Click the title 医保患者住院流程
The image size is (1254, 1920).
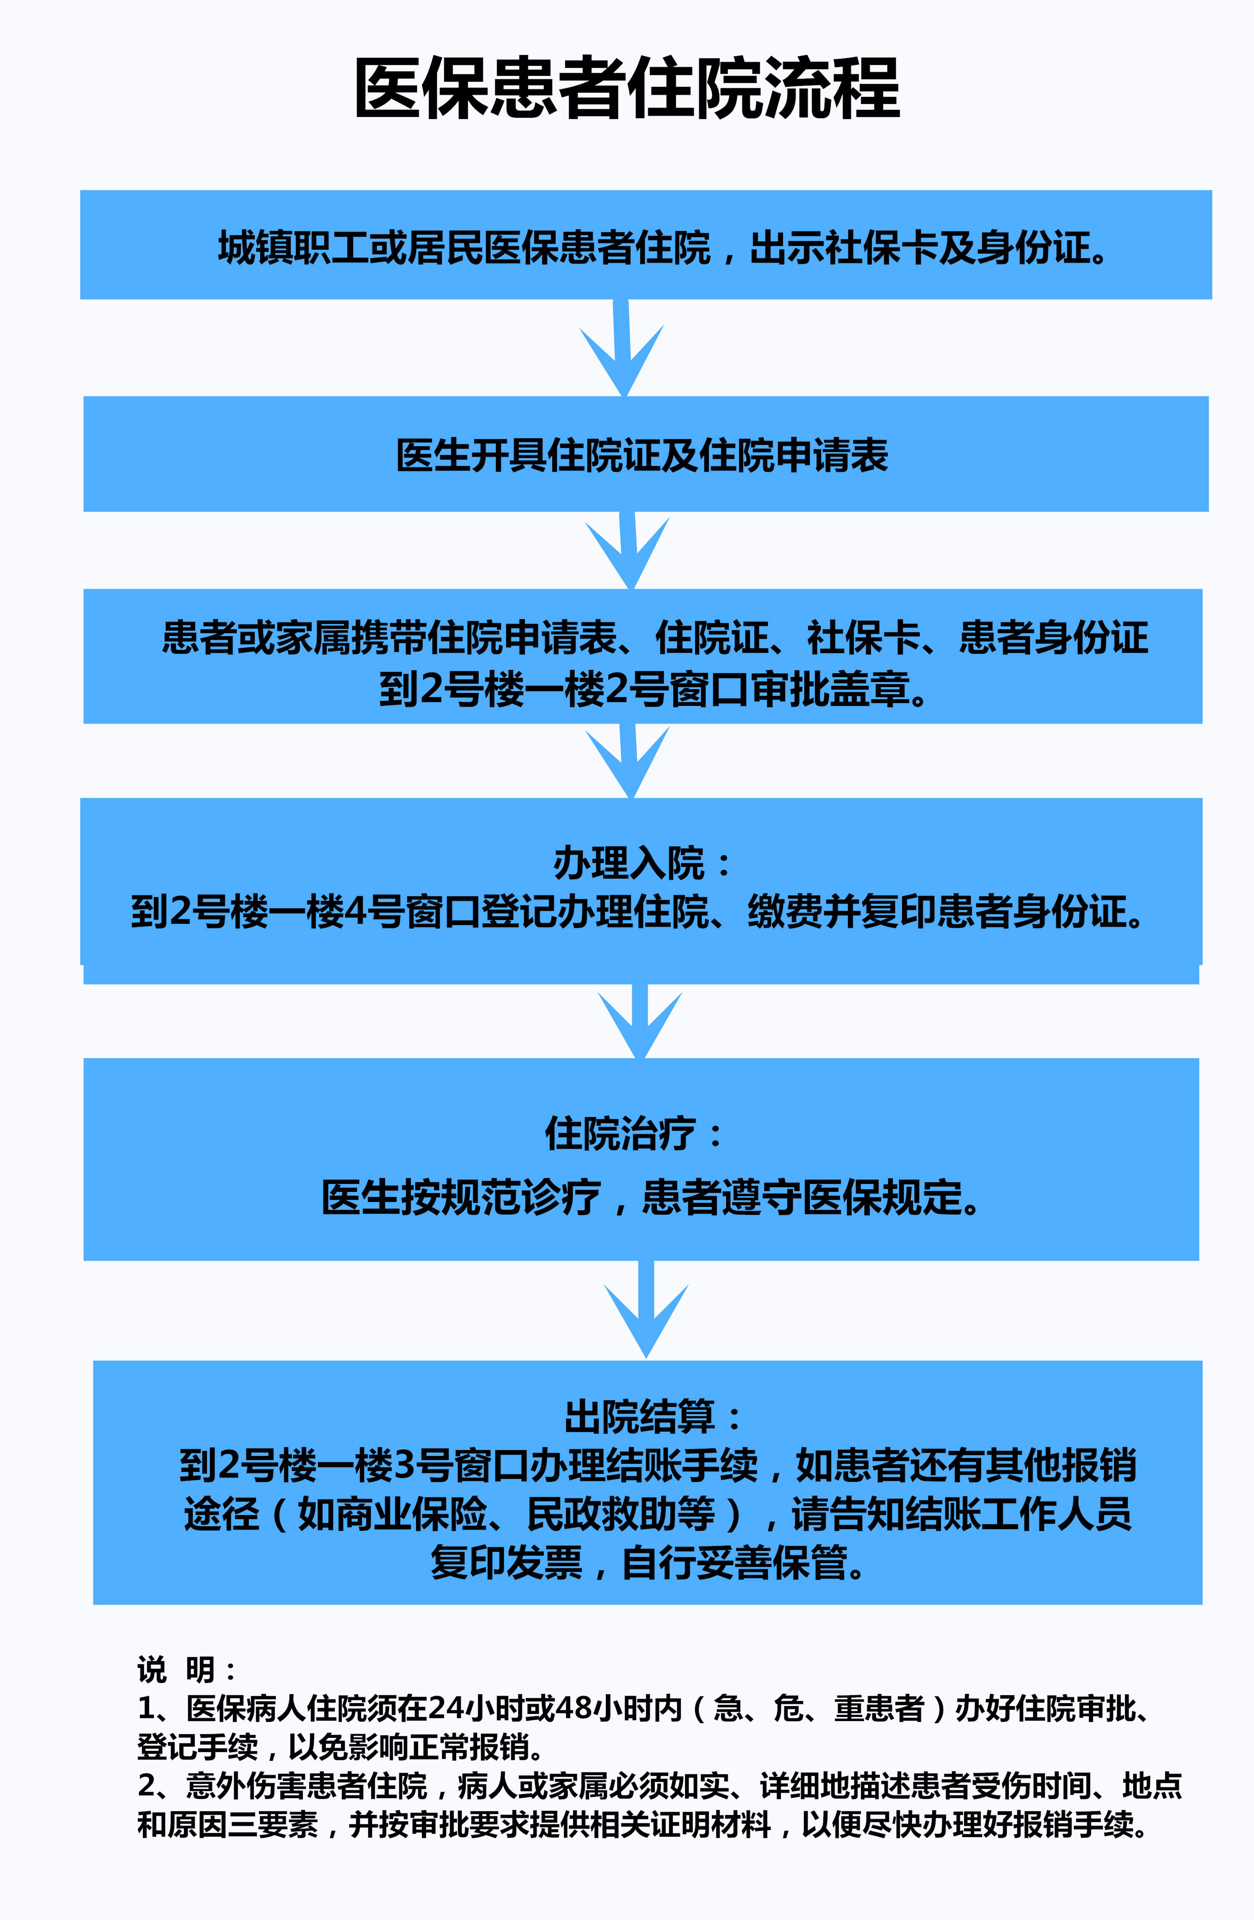[627, 89]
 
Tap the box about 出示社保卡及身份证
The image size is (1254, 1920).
[646, 244]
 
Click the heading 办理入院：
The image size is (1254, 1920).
[642, 863]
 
